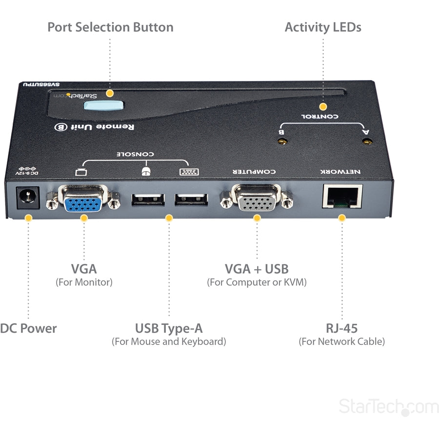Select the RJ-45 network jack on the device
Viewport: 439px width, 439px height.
342,197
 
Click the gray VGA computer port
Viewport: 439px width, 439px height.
257,199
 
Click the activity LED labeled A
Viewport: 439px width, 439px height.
367,142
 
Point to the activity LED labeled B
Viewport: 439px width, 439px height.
281,142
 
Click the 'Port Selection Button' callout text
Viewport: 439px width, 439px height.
110,27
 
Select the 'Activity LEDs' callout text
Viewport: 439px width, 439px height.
323,27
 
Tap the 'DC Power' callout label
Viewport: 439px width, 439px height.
28,328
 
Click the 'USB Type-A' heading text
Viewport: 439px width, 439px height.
169,328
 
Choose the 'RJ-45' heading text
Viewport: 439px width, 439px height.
341,328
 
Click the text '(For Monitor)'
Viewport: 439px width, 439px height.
84,282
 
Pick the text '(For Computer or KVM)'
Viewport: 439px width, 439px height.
257,282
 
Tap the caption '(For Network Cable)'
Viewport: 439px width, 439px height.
341,341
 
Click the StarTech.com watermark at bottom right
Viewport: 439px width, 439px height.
388,406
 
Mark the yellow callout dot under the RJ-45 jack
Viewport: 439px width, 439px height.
342,218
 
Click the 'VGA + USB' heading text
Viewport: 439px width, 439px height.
257,269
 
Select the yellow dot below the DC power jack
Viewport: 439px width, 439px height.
28,218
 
